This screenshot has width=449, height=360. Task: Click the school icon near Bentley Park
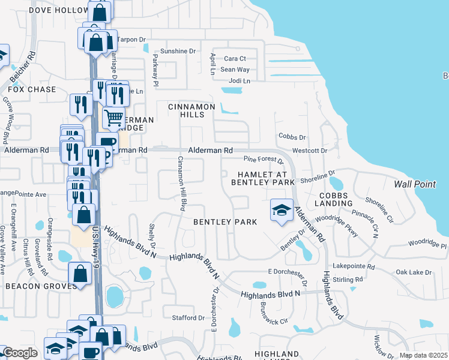click(281, 210)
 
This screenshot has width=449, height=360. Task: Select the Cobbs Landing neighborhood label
click(336, 200)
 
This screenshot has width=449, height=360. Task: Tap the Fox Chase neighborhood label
click(33, 89)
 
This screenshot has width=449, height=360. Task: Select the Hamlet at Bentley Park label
click(263, 178)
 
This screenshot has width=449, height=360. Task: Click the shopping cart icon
click(113, 117)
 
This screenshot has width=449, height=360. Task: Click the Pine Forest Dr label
click(263, 160)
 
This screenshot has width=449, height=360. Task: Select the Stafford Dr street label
click(184, 317)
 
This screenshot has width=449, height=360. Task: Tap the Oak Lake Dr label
click(414, 272)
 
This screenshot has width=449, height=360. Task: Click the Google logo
click(20, 353)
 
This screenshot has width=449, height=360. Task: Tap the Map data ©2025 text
click(423, 355)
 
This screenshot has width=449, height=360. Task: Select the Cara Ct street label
click(235, 58)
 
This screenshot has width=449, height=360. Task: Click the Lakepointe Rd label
click(355, 267)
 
